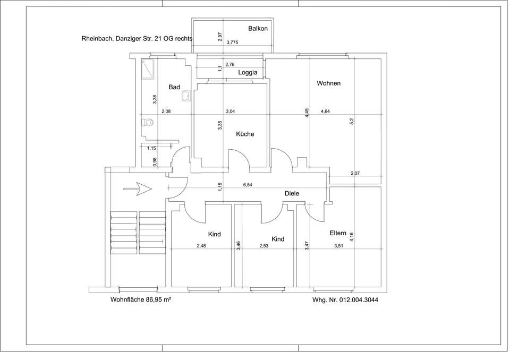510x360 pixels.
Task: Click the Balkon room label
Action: pos(258,29)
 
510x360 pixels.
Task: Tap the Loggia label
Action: pos(248,73)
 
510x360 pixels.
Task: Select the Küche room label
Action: pos(245,134)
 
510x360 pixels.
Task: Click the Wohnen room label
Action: pos(328,83)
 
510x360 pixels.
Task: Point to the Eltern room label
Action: pos(338,233)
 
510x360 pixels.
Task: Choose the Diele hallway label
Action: pos(292,193)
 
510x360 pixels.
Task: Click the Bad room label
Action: pos(174,87)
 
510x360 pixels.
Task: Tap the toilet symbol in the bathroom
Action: pos(148,123)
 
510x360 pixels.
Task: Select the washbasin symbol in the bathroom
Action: pos(186,96)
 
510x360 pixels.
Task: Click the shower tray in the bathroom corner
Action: pos(148,69)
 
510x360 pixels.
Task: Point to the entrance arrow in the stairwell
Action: pos(138,188)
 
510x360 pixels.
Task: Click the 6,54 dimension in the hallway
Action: pos(248,185)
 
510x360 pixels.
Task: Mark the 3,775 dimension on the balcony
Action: pos(232,42)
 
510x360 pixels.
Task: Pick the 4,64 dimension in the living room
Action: pos(325,111)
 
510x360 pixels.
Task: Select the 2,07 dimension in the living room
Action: pos(355,173)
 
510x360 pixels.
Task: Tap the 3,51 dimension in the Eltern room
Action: pos(338,246)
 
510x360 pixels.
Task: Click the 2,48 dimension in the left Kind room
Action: pos(201,246)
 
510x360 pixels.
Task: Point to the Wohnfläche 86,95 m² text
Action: pos(141,300)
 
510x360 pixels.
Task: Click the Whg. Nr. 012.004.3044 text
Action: pos(345,300)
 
